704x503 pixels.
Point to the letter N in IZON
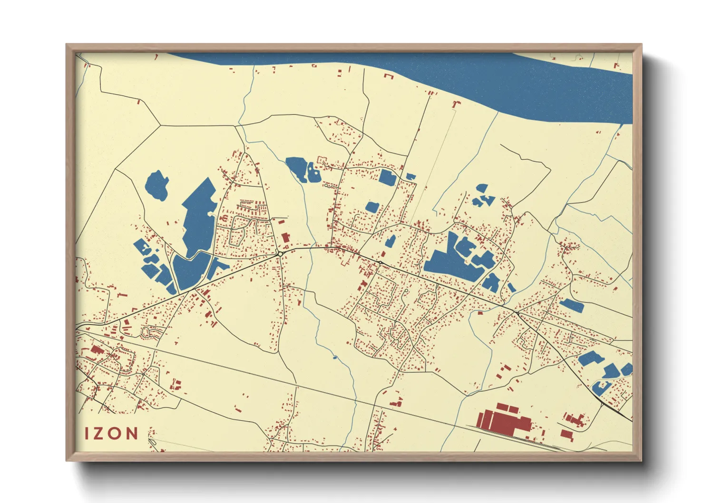[132, 433]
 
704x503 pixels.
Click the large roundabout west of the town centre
[280, 254]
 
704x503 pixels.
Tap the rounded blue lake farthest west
[156, 185]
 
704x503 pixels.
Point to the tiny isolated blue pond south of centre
[334, 357]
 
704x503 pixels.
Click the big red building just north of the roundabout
[285, 237]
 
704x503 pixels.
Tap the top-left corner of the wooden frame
[67, 45]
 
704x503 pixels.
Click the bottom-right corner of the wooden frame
[641, 460]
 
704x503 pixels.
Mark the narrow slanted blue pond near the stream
[390, 241]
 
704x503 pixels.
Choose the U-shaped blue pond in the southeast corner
[600, 388]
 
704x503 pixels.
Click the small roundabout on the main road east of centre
[381, 262]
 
